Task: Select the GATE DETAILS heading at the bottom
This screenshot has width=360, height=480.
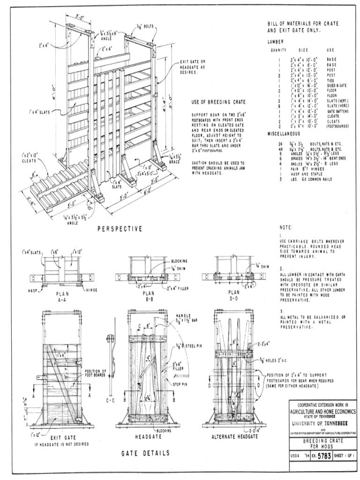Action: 145,453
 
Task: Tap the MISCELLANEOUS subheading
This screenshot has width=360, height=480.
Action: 283,134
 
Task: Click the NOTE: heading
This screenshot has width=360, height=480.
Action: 286,227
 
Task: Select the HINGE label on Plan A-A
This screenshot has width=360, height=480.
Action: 92,291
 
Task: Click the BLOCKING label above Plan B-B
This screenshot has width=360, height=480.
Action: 179,260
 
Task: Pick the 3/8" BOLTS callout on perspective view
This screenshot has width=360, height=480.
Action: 145,26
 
